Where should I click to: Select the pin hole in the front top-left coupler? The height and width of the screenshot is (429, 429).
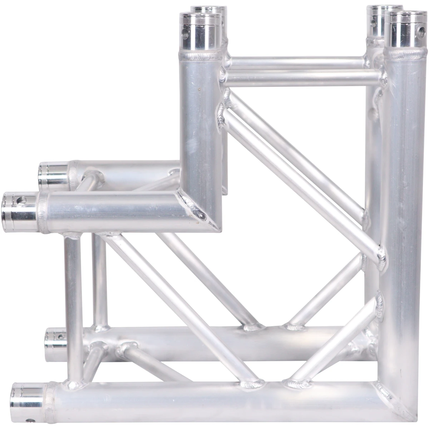185,35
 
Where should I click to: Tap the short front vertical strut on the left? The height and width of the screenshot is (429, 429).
73,307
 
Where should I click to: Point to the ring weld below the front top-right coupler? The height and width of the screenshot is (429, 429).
406,53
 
